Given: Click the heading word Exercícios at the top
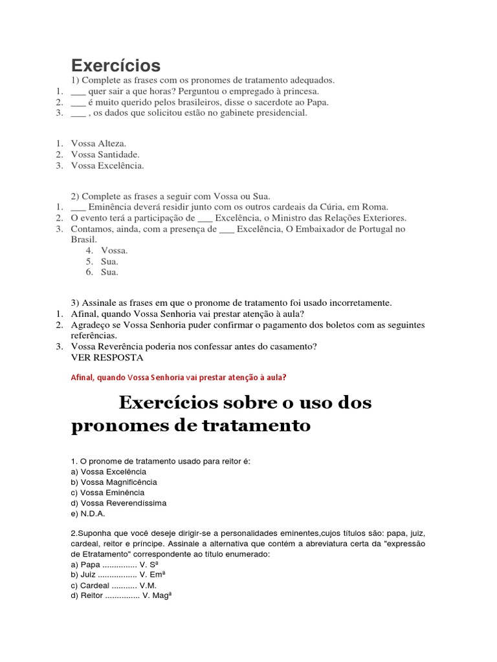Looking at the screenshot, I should [x=115, y=65].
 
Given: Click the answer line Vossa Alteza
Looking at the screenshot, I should [x=99, y=144].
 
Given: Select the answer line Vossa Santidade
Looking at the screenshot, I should [x=105, y=155].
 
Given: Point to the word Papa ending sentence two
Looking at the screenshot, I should [x=318, y=101].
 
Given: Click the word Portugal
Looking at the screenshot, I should [x=372, y=229].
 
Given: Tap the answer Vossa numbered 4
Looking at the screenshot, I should [x=114, y=250].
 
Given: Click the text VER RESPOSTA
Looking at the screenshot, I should [x=107, y=358].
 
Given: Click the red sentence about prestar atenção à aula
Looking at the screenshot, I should [x=177, y=378].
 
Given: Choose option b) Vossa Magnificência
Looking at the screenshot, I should [x=114, y=482].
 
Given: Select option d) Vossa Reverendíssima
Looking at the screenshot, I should [x=118, y=503].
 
